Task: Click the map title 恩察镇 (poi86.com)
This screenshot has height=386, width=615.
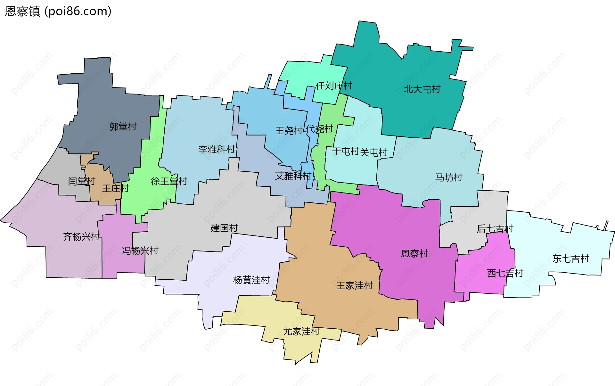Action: click(x=58, y=11)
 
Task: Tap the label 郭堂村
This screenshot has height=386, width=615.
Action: click(x=123, y=127)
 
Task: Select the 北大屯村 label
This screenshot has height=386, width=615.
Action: click(x=422, y=89)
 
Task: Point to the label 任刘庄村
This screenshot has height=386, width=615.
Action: click(x=334, y=86)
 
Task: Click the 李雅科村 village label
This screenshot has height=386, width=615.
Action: click(x=217, y=149)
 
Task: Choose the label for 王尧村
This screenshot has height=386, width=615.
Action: click(x=289, y=131)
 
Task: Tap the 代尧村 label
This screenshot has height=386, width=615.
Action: click(x=319, y=129)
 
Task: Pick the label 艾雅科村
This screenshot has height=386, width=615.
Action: click(x=293, y=176)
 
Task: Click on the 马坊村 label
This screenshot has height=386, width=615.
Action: click(x=449, y=177)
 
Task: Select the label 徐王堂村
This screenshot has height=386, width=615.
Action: click(x=169, y=181)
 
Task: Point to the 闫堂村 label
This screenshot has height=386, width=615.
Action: click(x=82, y=181)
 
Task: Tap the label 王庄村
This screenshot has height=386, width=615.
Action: click(x=115, y=188)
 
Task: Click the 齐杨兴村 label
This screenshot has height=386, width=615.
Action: click(x=81, y=237)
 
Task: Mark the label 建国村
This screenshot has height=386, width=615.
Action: click(x=224, y=228)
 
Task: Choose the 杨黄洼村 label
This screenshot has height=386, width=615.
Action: click(x=251, y=280)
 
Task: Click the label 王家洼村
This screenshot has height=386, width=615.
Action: click(x=355, y=285)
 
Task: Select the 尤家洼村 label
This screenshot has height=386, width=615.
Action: click(x=301, y=331)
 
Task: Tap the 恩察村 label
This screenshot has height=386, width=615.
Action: click(x=414, y=254)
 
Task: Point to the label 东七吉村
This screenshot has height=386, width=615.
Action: click(x=571, y=259)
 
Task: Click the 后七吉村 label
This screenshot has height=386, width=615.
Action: click(x=495, y=229)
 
